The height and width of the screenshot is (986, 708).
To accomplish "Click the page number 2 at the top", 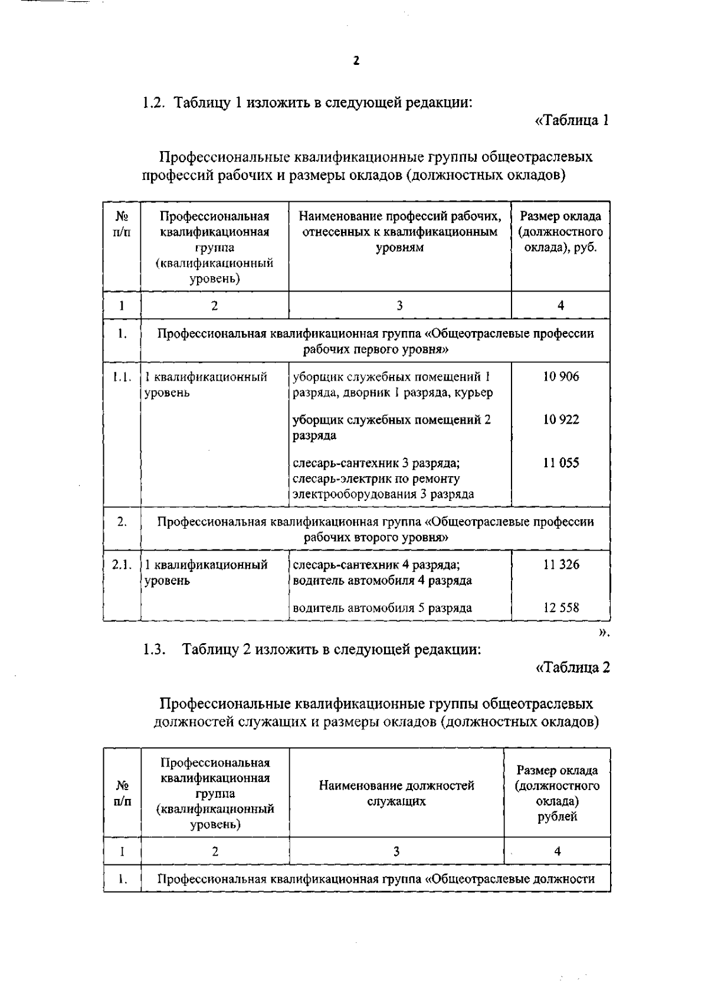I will pos(355,61).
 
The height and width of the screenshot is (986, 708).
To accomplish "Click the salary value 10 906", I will pos(560,376).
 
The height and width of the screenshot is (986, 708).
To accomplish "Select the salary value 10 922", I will pos(560,420).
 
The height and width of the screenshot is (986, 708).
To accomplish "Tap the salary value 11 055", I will pos(560,463).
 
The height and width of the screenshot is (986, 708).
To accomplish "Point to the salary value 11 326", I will pos(560,565).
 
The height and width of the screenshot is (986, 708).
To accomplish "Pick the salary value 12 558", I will pos(560,608).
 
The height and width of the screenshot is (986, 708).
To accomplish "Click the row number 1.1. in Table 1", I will pos(122,376).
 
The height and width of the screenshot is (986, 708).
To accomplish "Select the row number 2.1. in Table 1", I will pos(122,565).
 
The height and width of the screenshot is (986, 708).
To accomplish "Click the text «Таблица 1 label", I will pos(571,120).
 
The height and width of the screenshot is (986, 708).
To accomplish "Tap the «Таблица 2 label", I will pos(571,667).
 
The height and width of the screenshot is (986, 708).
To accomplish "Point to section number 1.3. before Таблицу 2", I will pos(155,650).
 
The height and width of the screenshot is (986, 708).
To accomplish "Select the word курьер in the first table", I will pos(474,392).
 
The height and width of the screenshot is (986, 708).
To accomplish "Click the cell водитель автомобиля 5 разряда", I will pos(382,608).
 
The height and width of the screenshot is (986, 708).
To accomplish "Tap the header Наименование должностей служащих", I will pos(396,793).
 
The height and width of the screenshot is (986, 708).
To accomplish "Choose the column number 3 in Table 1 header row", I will pos(399,305).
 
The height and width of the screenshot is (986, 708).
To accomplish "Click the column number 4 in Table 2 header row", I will pos(557,851).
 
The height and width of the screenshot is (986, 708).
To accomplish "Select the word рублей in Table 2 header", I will pos(557,817).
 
